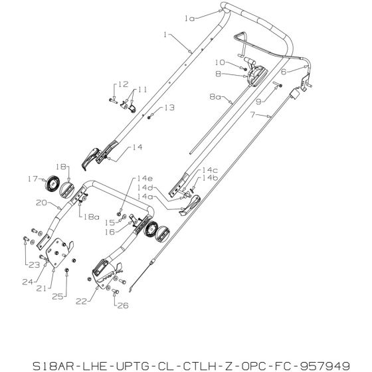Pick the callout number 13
[169, 107]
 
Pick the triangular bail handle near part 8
[240, 41]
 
